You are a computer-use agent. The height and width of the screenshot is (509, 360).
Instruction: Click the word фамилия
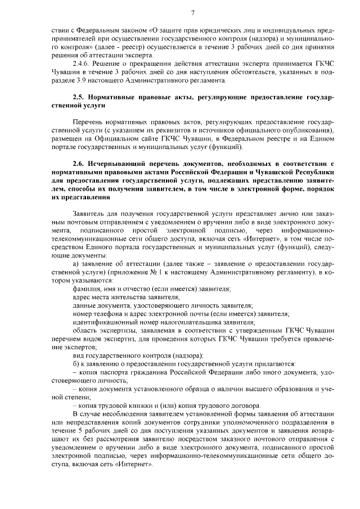point(87,288)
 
